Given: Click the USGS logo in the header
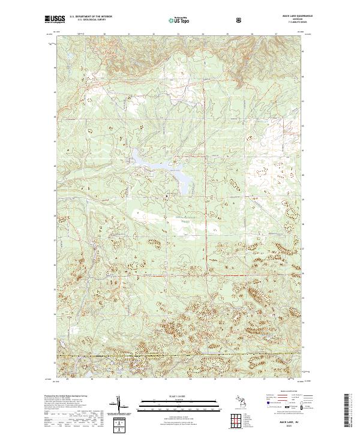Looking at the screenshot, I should point(55,19).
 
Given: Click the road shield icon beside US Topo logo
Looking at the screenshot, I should point(206,20).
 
